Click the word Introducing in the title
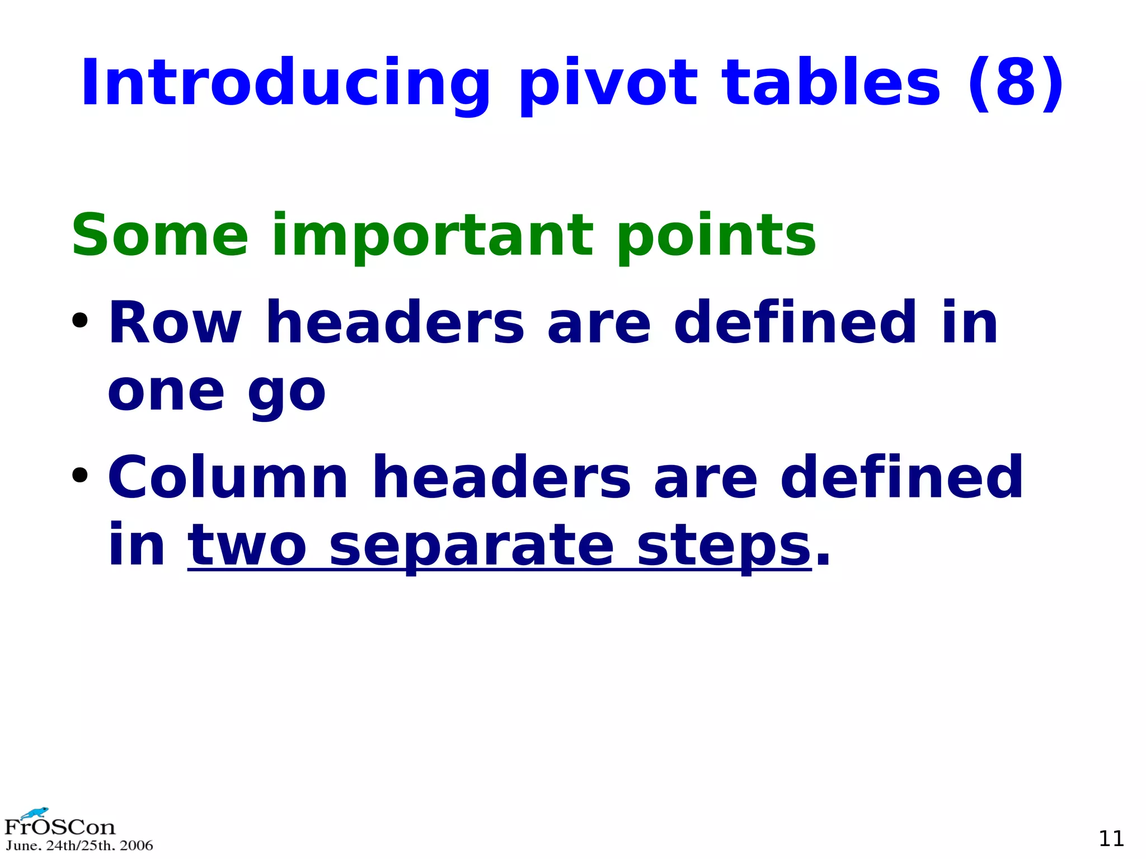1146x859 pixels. coord(285,83)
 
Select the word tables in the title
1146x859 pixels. coord(832,83)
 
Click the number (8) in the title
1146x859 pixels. coord(1016,83)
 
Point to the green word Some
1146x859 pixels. coord(160,235)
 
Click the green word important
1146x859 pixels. coord(431,236)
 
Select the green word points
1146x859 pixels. coord(717,236)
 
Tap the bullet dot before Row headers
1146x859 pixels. coord(80,321)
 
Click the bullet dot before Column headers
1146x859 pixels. coord(80,475)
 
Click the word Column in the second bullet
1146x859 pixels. coord(228,477)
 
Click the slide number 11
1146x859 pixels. coord(1111,838)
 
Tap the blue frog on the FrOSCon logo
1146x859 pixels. coord(35,813)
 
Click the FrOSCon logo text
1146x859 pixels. coord(59,827)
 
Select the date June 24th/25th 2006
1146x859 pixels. coord(79,846)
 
